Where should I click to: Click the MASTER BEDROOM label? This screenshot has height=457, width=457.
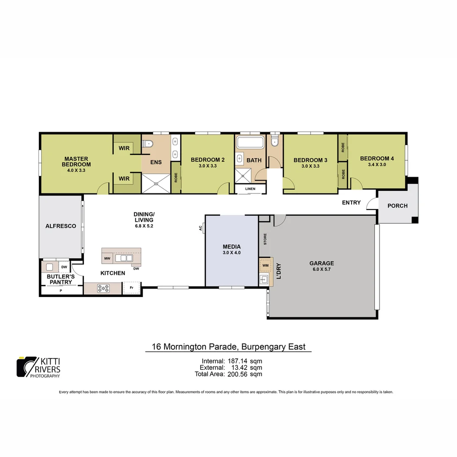click(76, 162)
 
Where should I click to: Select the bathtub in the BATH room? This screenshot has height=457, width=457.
click(250, 142)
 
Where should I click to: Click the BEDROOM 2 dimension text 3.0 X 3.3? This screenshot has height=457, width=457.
click(207, 166)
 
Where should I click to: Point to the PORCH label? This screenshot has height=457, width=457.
click(397, 206)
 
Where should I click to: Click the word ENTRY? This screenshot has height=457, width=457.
click(351, 203)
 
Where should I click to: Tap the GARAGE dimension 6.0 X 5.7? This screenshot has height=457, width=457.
click(322, 269)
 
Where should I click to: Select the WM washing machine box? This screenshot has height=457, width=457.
click(265, 265)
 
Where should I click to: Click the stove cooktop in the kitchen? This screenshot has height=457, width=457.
click(103, 288)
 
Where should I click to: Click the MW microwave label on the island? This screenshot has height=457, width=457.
click(107, 258)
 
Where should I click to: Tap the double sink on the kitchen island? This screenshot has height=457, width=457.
click(124, 258)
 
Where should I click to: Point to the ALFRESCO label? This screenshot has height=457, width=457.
click(61, 226)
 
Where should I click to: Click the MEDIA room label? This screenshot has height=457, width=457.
click(231, 247)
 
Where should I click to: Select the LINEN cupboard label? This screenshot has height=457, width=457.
click(250, 189)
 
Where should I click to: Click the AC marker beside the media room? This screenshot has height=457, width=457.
click(200, 228)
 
